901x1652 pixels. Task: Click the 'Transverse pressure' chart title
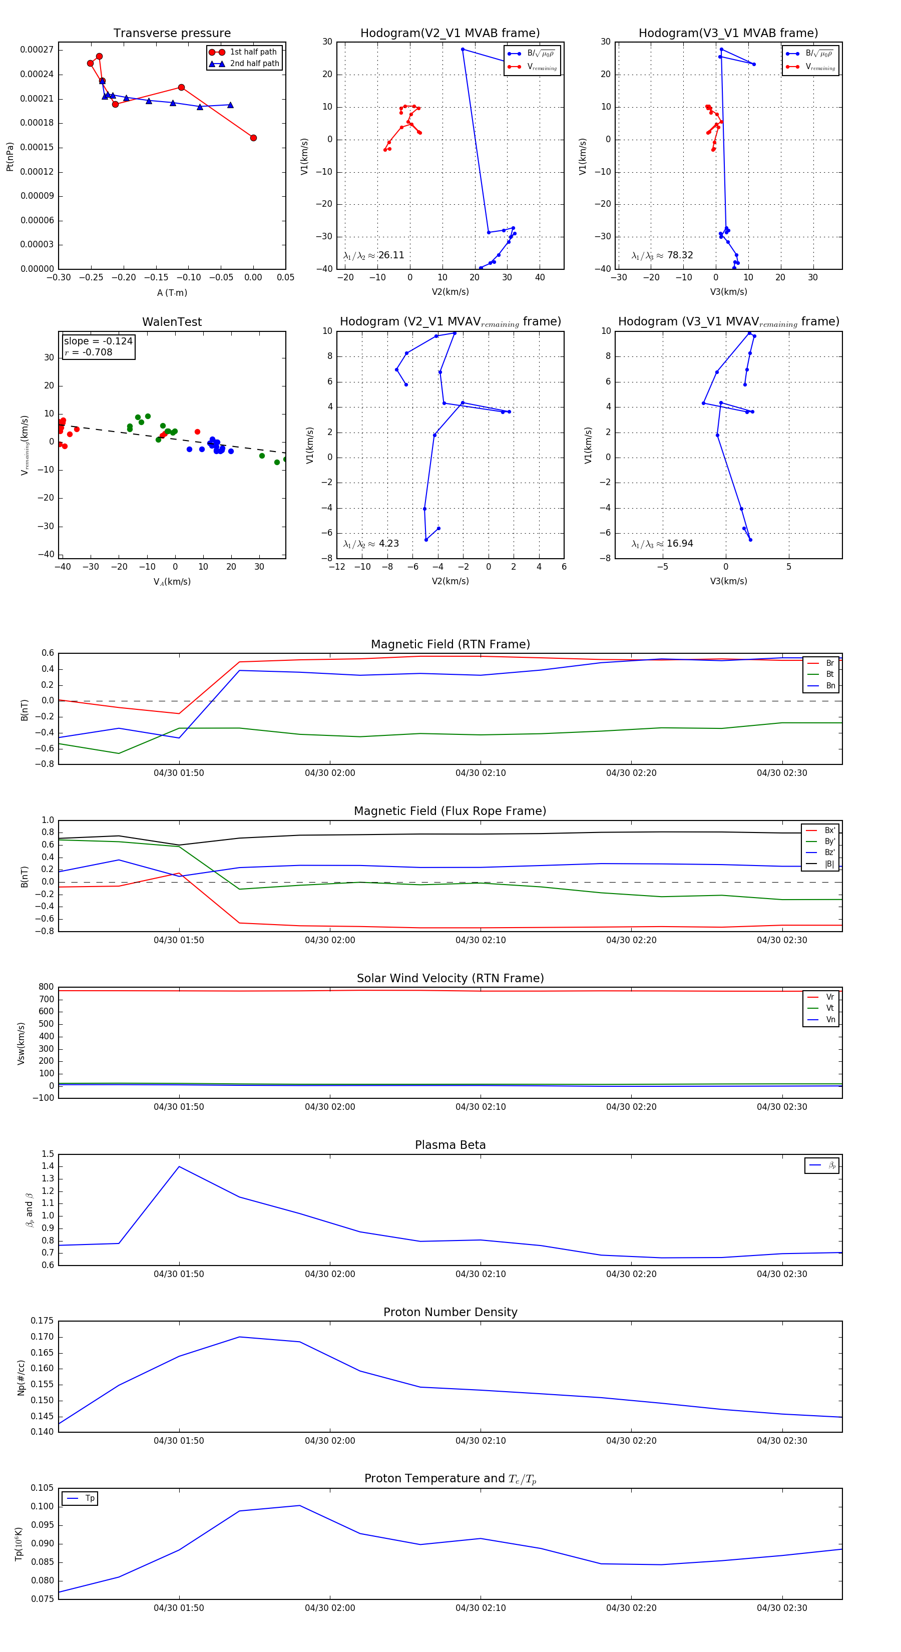(x=172, y=34)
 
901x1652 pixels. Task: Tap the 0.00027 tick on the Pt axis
(x=37, y=50)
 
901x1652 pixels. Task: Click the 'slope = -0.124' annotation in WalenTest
(x=98, y=341)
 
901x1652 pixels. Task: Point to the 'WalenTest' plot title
(x=172, y=322)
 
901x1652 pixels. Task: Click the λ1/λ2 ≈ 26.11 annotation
(x=374, y=255)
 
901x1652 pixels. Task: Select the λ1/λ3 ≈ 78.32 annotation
(x=662, y=255)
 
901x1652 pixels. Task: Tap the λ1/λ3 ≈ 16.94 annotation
(x=662, y=544)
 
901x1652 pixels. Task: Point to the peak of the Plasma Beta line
(x=179, y=1166)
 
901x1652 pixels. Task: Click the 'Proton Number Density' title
(x=450, y=1312)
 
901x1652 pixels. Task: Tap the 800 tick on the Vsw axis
(x=46, y=987)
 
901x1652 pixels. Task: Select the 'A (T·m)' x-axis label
(x=172, y=293)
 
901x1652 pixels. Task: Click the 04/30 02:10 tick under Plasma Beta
(x=481, y=1274)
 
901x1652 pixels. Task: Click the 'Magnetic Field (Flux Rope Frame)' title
(x=450, y=811)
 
